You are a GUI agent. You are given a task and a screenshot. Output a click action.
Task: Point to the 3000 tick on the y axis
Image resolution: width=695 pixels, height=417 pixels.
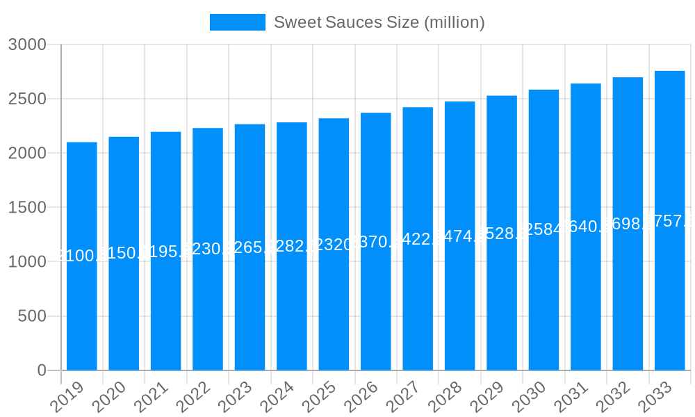click(x=27, y=44)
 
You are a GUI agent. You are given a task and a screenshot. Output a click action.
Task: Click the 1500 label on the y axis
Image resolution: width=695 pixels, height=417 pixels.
click(x=27, y=207)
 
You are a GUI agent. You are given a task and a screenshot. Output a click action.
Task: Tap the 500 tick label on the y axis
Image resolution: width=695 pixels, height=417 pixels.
click(x=32, y=316)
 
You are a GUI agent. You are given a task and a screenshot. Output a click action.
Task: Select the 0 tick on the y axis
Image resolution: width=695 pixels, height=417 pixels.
click(x=42, y=370)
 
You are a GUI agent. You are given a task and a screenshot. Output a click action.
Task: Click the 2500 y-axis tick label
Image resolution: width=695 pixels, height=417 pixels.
click(x=27, y=99)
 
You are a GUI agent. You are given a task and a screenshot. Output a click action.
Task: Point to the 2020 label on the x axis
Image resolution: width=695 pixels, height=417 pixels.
click(x=109, y=397)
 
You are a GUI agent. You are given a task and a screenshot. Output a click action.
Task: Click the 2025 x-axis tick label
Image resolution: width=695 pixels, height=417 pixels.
click(x=319, y=397)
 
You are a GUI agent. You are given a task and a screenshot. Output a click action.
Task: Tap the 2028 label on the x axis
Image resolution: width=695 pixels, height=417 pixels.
click(x=445, y=397)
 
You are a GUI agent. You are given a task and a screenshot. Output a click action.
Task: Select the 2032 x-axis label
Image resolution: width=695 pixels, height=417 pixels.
click(x=613, y=397)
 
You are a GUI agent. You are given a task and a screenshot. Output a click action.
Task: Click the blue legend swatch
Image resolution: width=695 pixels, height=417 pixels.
click(x=237, y=22)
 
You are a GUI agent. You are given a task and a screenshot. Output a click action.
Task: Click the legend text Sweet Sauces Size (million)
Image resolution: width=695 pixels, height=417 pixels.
click(x=379, y=22)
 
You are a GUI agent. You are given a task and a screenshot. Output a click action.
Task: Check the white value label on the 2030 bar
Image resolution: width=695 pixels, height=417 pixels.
click(x=543, y=229)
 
